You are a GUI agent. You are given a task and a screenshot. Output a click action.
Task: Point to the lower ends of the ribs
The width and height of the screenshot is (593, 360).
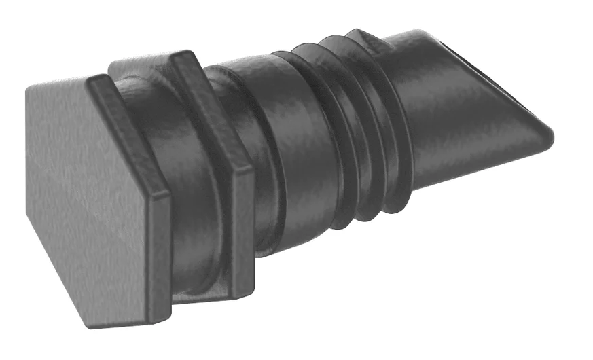tap(367, 211)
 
